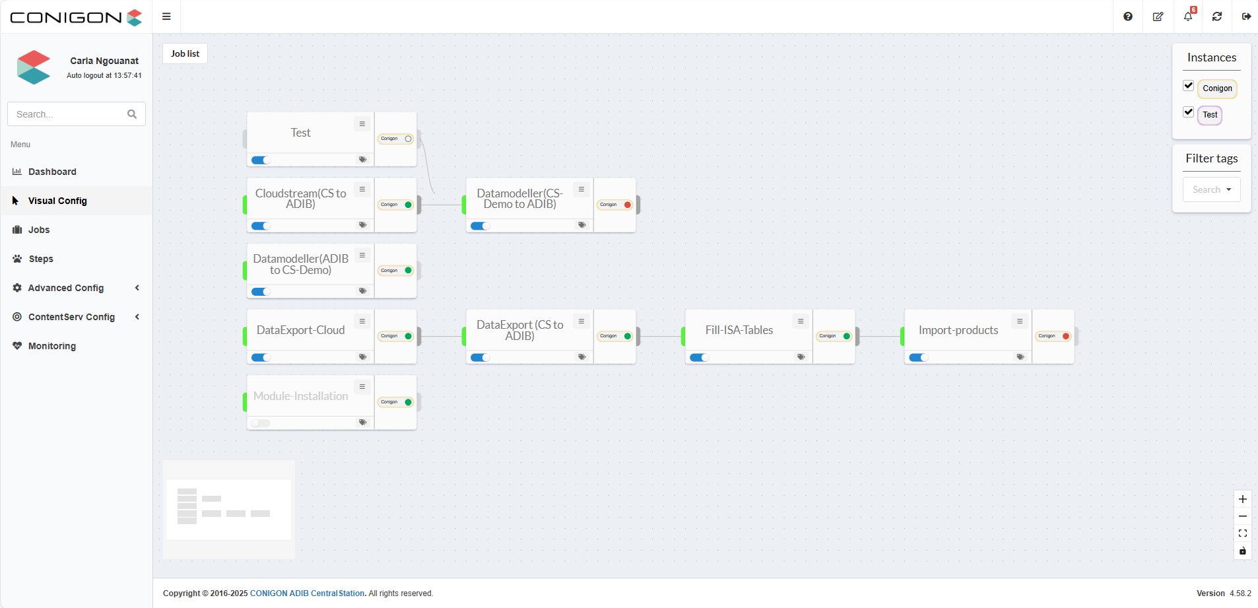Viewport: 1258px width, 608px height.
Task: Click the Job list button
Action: point(185,53)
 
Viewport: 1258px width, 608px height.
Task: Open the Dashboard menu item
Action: point(52,172)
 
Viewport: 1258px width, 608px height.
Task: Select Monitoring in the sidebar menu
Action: point(51,346)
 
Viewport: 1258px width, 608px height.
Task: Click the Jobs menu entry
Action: point(39,230)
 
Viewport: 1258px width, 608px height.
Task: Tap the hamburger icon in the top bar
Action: point(166,17)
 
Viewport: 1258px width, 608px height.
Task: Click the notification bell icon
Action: point(1188,17)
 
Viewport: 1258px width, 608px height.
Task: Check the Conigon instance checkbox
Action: point(1189,86)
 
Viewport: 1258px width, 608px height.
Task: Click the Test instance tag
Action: point(1210,115)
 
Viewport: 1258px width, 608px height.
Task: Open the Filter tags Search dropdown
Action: point(1211,189)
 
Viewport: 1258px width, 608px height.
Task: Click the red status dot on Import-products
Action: point(1066,336)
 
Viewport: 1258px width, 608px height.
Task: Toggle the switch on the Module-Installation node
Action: point(261,423)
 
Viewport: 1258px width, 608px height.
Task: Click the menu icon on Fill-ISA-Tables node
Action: point(801,321)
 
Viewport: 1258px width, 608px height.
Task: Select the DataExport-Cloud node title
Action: point(300,330)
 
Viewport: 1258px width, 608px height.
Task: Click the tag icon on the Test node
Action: point(362,160)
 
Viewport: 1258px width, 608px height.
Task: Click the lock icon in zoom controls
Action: point(1243,551)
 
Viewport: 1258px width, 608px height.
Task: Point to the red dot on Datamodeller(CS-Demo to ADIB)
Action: point(628,205)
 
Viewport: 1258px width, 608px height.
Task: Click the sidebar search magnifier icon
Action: point(132,114)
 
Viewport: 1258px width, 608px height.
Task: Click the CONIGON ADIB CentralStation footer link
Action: point(307,593)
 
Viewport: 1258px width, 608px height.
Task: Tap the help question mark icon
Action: point(1128,17)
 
